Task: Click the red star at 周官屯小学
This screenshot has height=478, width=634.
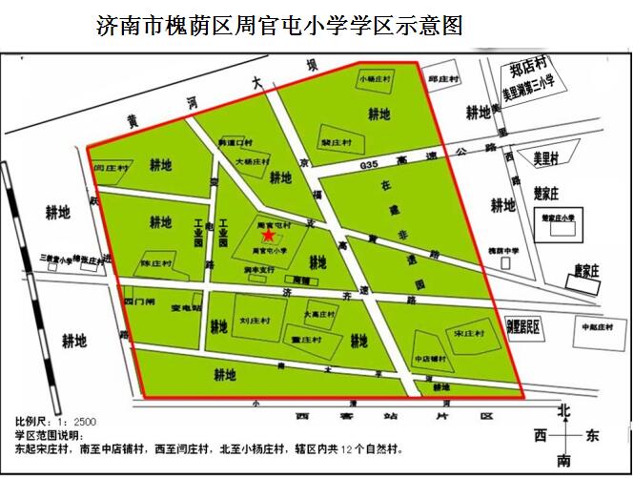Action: click(x=269, y=235)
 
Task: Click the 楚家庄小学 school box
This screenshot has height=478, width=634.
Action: click(x=555, y=218)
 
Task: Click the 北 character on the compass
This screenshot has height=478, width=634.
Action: click(x=563, y=411)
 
